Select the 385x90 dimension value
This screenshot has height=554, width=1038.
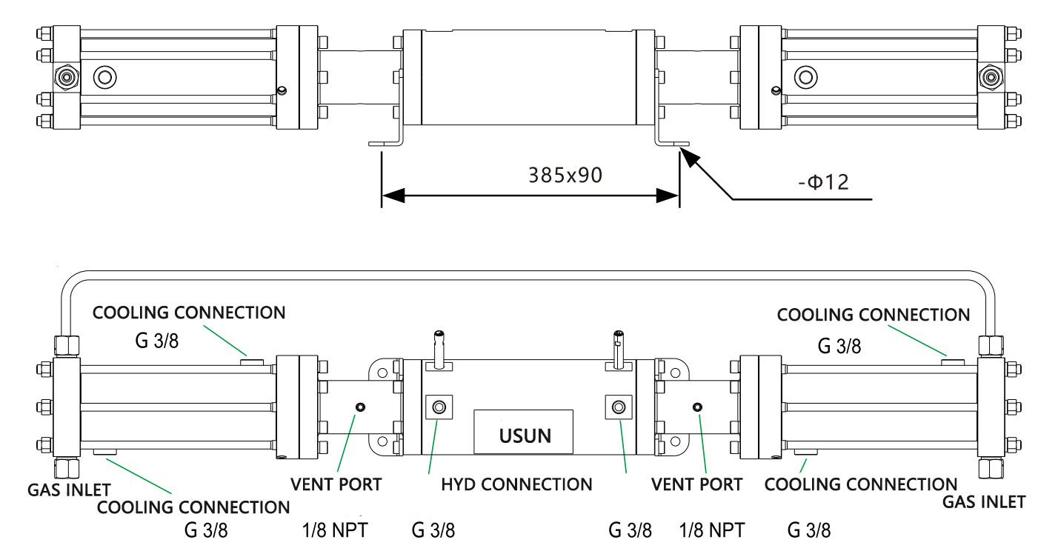[565, 175]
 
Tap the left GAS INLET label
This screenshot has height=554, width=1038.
[69, 490]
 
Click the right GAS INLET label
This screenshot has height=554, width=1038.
[983, 501]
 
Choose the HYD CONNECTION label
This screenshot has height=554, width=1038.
[516, 484]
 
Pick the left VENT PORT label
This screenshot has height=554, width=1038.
[336, 484]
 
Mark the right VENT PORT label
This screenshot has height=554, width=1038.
[696, 484]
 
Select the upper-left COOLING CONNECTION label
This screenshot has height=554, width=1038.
[189, 312]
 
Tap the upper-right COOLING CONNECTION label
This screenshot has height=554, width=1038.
[873, 315]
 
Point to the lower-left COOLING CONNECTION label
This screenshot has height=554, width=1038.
[193, 507]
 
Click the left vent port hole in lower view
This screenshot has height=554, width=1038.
[361, 407]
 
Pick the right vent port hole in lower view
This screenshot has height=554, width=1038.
[696, 407]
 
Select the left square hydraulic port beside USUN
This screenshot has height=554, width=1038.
[438, 407]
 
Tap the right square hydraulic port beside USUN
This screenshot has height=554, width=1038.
[619, 407]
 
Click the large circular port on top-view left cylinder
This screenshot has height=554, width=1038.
[104, 76]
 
